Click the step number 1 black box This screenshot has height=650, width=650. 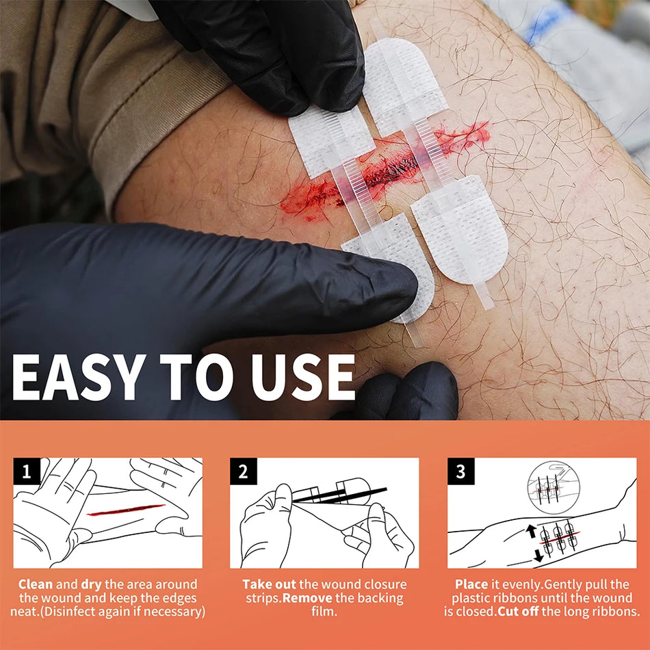point(27,471)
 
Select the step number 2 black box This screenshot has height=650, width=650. point(243,471)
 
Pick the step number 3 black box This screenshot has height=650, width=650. point(460,471)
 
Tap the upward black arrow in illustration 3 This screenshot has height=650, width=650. point(530,531)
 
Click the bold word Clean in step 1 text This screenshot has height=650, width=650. point(36,584)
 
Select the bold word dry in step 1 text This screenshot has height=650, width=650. point(93,584)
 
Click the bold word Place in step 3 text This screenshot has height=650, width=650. point(471,584)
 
